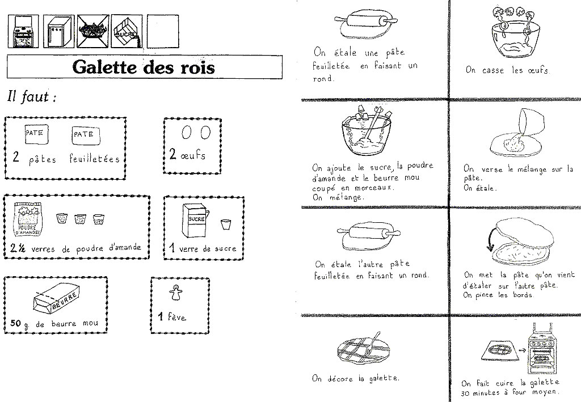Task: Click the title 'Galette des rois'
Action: (144, 67)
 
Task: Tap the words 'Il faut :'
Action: (31, 97)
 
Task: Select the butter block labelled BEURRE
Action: (54, 299)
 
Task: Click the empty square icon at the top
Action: (162, 31)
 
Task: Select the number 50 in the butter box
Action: (16, 324)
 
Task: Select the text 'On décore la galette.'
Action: (355, 378)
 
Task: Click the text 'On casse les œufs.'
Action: (507, 71)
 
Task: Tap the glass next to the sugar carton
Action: (225, 225)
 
